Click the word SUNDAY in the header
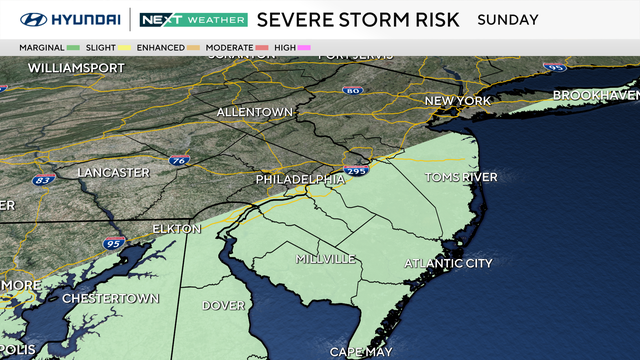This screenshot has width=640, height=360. pos(508,19)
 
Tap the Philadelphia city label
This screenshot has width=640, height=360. pos(298,179)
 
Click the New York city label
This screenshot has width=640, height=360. pos(459,101)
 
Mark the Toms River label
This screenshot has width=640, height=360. pos(461,177)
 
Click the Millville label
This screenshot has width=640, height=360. pos(325,259)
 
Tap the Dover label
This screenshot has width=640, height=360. pos(224,305)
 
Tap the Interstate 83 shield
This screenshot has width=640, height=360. pos(43,180)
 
